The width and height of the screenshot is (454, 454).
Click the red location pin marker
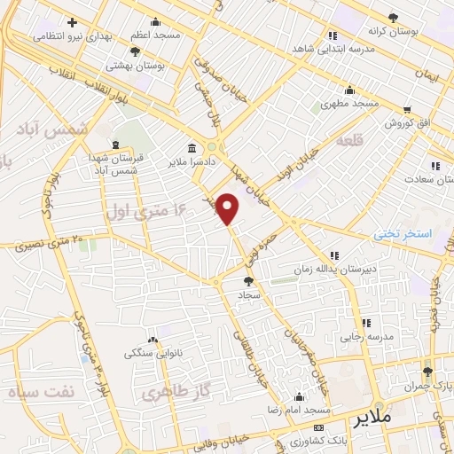point(229,207)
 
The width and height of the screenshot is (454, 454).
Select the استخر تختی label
point(402,234)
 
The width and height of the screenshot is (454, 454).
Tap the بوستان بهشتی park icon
point(135,52)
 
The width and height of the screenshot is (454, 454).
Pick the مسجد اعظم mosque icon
point(156,22)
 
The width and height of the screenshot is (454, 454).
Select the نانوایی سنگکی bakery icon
point(153,340)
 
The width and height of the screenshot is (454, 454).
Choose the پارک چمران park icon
point(427,371)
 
